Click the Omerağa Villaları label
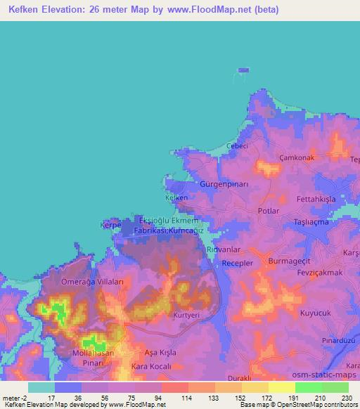point(93,281)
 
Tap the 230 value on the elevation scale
point(347,397)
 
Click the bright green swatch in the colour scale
point(308,387)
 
